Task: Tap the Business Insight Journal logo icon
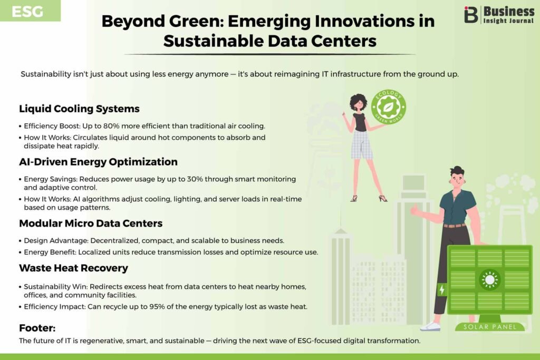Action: [471, 14]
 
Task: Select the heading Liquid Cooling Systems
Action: [79, 109]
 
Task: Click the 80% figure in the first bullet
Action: [111, 126]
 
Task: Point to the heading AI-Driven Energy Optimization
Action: [98, 162]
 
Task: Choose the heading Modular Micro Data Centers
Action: [91, 223]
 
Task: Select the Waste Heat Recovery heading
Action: [73, 268]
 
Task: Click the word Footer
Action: [37, 328]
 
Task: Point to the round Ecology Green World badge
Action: [389, 107]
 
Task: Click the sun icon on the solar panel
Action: [490, 279]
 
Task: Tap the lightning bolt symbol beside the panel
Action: [442, 289]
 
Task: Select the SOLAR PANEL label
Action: [490, 327]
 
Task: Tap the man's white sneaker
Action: [430, 326]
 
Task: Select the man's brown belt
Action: [454, 226]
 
